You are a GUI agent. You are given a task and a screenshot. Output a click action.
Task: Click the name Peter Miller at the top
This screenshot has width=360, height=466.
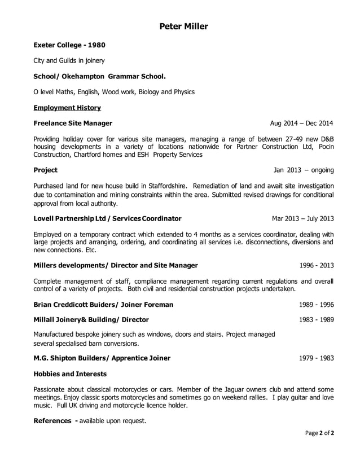pyautogui.click(x=183, y=27)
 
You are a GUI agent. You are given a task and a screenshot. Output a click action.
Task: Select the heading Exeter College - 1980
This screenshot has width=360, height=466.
pyautogui.click(x=69, y=45)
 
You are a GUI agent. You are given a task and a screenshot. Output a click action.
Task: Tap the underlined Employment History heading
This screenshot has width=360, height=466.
pyautogui.click(x=67, y=107)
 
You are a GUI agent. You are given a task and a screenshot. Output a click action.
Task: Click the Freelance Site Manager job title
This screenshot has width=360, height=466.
pyautogui.click(x=73, y=123)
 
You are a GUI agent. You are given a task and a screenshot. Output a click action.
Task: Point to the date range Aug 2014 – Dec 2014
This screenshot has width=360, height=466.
pyautogui.click(x=301, y=124)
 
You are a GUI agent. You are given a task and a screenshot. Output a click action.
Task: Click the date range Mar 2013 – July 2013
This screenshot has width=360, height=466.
pyautogui.click(x=302, y=218)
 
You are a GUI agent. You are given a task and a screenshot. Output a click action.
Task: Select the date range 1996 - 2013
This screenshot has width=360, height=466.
pyautogui.click(x=316, y=265)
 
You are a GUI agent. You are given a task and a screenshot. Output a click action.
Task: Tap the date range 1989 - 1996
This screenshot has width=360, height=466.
pyautogui.click(x=316, y=305)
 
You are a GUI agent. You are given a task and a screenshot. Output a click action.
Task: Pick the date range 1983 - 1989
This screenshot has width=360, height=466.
pyautogui.click(x=316, y=320)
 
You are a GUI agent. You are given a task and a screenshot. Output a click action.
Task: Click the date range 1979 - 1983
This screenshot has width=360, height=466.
pyautogui.click(x=316, y=358)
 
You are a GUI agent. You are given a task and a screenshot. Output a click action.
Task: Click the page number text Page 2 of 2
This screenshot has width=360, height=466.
pyautogui.click(x=320, y=433)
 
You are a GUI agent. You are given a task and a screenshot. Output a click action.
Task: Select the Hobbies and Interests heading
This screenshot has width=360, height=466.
pyautogui.click(x=70, y=373)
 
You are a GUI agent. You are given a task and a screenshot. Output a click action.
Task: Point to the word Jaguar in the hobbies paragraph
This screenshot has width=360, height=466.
pyautogui.click(x=226, y=389)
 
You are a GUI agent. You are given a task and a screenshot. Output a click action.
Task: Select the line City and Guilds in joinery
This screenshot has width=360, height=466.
pyautogui.click(x=69, y=60)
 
